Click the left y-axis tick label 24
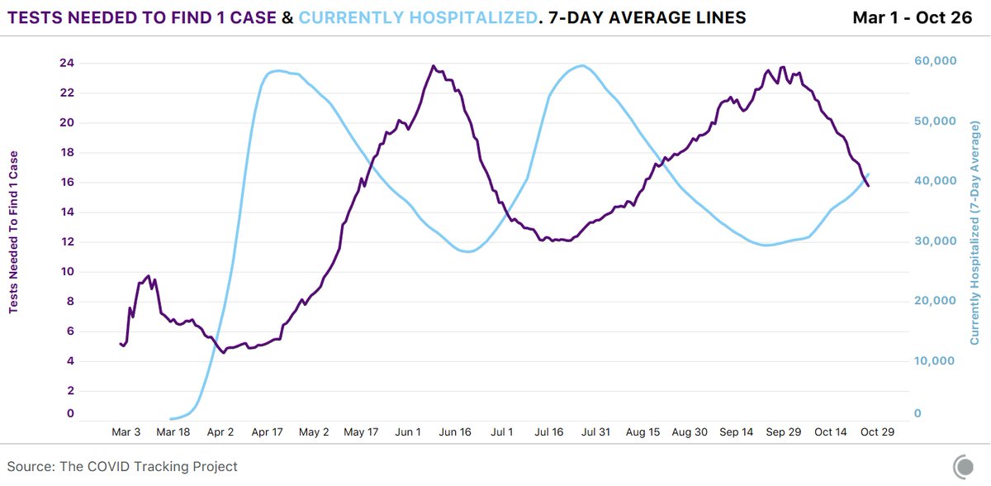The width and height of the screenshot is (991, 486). [66, 63]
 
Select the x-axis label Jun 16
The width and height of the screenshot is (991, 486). [455, 432]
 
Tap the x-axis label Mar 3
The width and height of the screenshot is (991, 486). [126, 432]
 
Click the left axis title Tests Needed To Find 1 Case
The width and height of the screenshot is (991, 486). [14, 232]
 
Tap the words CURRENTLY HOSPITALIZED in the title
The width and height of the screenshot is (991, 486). [421, 17]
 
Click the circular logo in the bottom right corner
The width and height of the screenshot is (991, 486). [963, 466]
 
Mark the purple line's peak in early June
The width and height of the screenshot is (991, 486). [433, 66]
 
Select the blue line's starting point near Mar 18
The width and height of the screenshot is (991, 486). [171, 419]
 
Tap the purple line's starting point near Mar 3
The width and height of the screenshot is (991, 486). [121, 343]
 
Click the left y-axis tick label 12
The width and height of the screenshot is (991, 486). [66, 241]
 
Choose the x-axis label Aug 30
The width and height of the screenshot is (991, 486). [690, 432]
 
